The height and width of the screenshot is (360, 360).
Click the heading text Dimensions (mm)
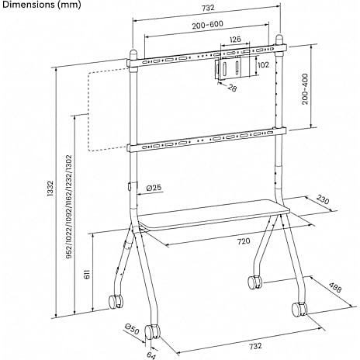(x=41, y=5)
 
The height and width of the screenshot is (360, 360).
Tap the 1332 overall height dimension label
(x=50, y=189)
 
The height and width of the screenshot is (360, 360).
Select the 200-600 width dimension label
(x=207, y=25)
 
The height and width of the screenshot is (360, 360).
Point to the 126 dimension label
(x=235, y=40)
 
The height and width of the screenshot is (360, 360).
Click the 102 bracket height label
(x=263, y=64)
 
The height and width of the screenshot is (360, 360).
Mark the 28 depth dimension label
(x=232, y=88)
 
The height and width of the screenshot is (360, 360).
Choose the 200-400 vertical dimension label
(x=306, y=89)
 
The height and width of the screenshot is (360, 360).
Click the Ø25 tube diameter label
(x=154, y=188)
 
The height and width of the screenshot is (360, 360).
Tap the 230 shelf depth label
(x=323, y=199)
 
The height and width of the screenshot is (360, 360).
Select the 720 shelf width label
(x=244, y=241)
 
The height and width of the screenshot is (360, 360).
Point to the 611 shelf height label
(x=87, y=274)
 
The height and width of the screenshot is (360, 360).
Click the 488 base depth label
(x=335, y=287)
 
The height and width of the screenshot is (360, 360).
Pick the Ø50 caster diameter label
(x=132, y=328)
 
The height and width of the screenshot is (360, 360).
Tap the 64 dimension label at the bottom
(x=151, y=355)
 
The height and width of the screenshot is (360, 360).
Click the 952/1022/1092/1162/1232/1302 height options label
(x=69, y=207)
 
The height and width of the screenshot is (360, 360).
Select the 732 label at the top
(x=208, y=8)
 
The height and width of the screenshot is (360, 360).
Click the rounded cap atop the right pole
(x=279, y=40)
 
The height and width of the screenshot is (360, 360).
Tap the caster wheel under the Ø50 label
(x=152, y=332)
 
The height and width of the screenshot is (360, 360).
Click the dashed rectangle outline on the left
(x=88, y=110)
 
